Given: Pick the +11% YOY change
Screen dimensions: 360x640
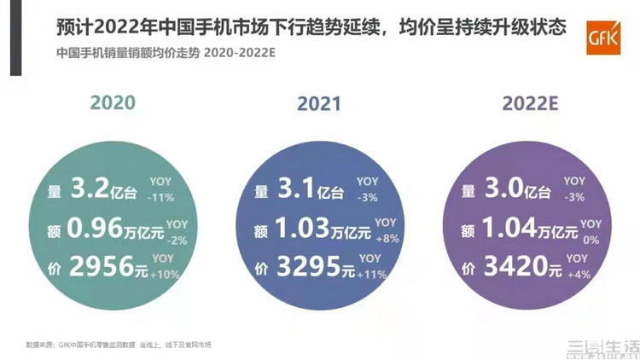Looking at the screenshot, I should [x=371, y=276].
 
